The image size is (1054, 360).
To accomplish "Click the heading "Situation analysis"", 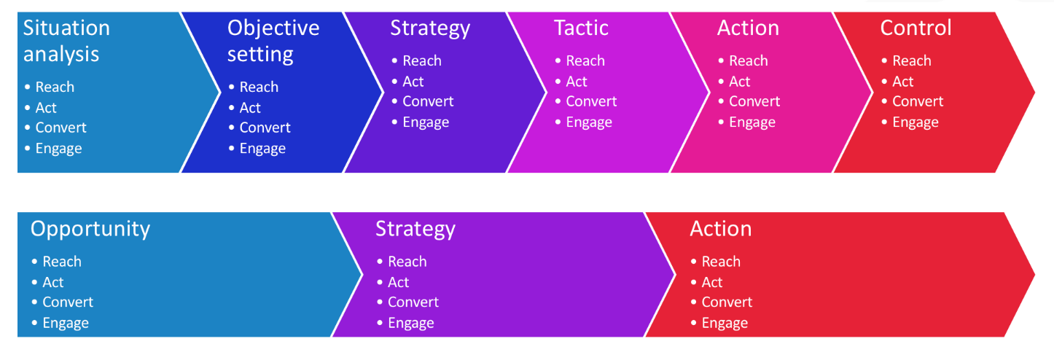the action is point(66,41).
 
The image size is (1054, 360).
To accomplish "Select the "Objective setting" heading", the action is point(273,41).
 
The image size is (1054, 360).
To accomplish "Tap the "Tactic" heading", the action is point(581,28).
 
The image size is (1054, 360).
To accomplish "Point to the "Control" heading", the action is point(916,28).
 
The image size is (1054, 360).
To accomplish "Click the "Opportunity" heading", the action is point(90,230).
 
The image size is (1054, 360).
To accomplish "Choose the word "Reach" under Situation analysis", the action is point(55,87).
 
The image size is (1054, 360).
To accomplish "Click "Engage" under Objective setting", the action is point(262,149).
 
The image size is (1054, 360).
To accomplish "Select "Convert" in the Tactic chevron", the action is point(591,101).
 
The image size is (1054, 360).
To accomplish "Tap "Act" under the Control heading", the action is point(903,82).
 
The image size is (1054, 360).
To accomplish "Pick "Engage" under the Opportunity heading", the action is point(66,324).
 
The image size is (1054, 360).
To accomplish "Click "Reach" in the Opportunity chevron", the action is point(62,262).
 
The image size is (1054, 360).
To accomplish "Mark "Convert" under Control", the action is point(918,101).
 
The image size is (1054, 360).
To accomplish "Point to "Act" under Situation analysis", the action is point(46,108).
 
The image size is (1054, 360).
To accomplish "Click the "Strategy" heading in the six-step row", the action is point(430,28).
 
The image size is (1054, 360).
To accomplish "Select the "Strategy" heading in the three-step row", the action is point(415,230).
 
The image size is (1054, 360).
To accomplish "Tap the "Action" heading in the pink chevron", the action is point(748,28).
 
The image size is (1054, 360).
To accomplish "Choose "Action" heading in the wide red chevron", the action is point(720,229).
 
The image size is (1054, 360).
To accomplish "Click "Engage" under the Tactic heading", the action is point(589,122).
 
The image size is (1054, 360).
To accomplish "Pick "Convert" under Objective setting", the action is point(265,128).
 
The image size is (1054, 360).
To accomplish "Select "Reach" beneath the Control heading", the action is point(911,60).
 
